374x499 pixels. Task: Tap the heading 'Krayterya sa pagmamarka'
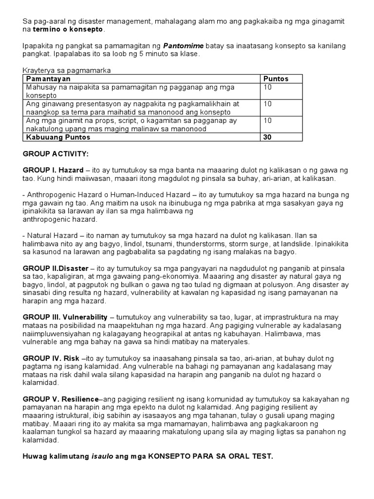pyautogui.click(x=67, y=70)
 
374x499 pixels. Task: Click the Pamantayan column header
pyautogui.click(x=48, y=78)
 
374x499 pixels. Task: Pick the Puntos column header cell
pyautogui.click(x=276, y=78)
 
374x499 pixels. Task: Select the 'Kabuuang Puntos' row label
pyautogui.click(x=58, y=137)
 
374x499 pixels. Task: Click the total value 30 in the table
pyautogui.click(x=267, y=137)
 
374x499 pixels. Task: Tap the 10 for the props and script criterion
pyautogui.click(x=267, y=120)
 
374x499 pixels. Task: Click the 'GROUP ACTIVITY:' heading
pyautogui.click(x=56, y=154)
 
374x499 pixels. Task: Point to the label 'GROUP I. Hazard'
pyautogui.click(x=53, y=170)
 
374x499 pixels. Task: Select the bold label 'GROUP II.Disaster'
pyautogui.click(x=56, y=268)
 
